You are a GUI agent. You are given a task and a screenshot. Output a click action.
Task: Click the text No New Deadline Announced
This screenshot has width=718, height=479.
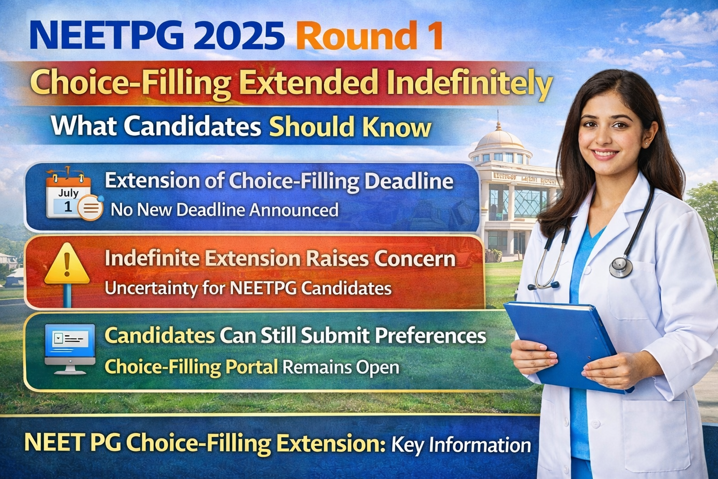pos(224,210)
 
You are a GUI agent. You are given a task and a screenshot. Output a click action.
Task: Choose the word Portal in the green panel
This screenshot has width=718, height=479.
pos(252,367)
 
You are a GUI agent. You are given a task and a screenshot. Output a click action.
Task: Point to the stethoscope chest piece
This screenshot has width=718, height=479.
pos(621,266)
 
